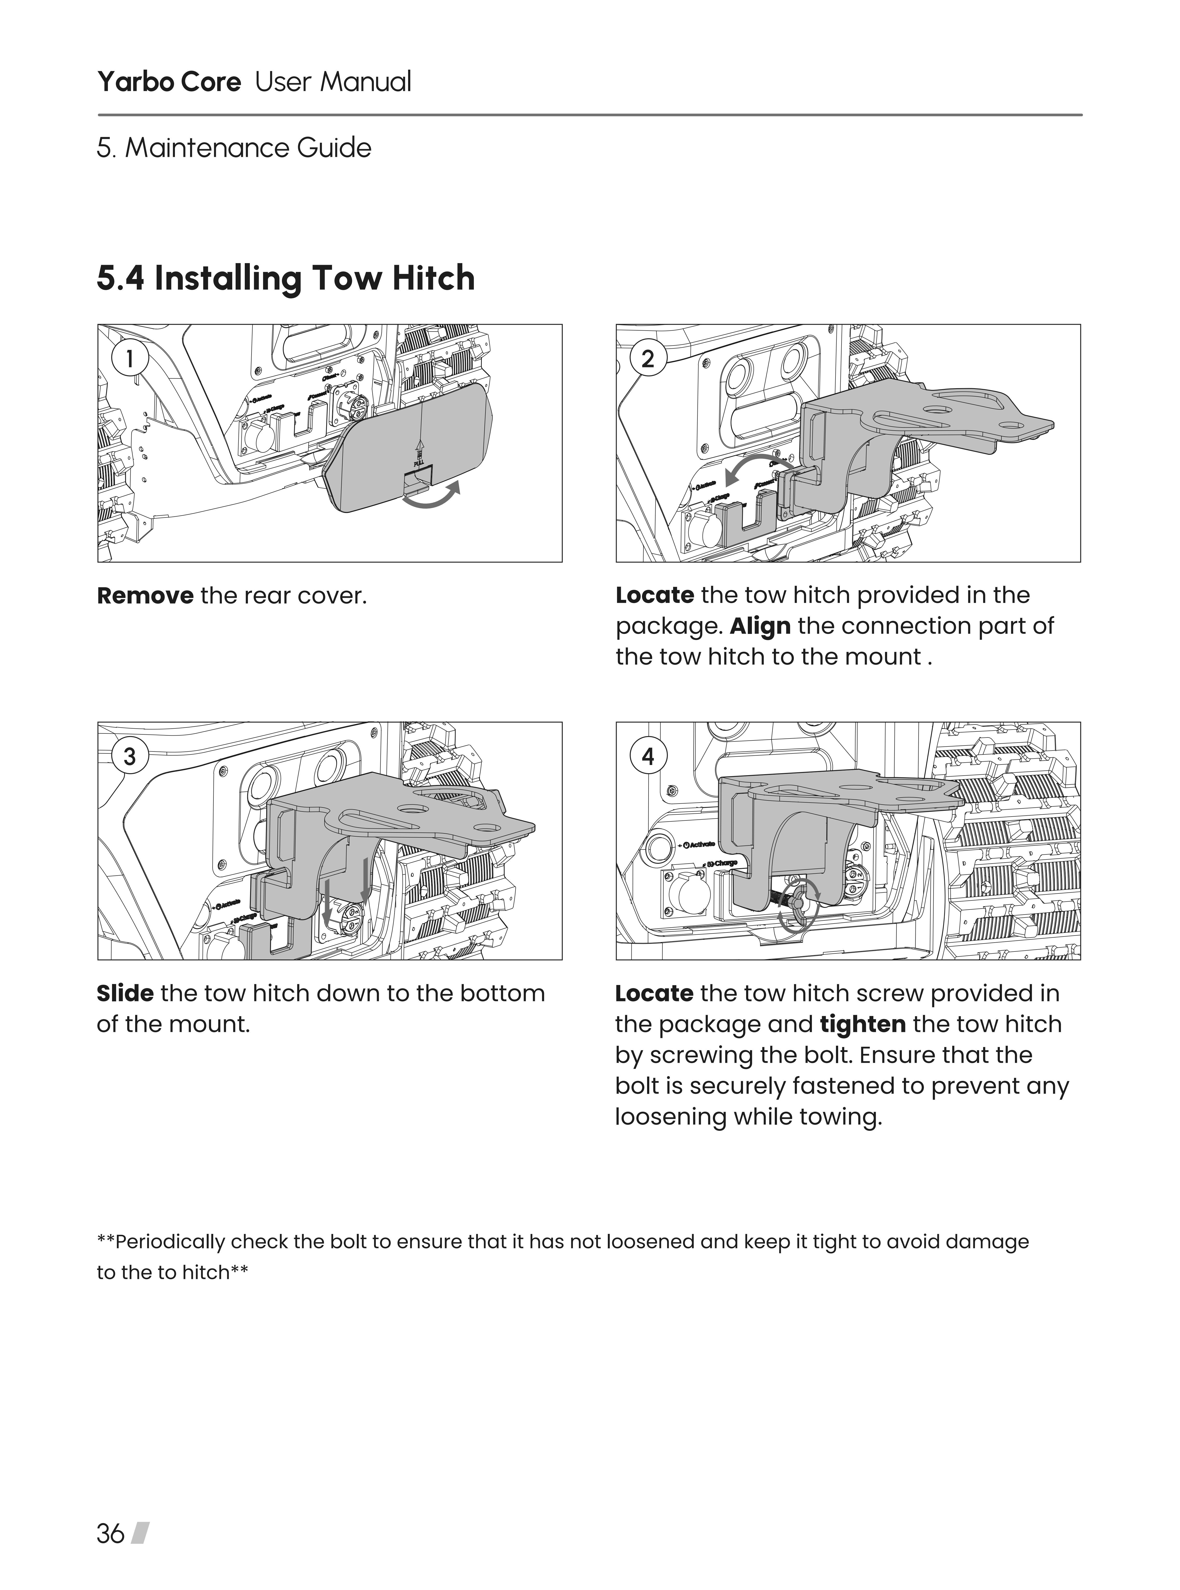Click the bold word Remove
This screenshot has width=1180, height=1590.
tap(145, 595)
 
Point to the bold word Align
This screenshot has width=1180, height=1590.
tap(760, 626)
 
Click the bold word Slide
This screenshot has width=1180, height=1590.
tap(125, 993)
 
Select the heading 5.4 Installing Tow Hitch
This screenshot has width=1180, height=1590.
tap(286, 278)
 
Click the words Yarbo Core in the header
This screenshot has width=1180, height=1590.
tap(169, 82)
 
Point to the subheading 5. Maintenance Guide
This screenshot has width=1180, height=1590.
tap(234, 148)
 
